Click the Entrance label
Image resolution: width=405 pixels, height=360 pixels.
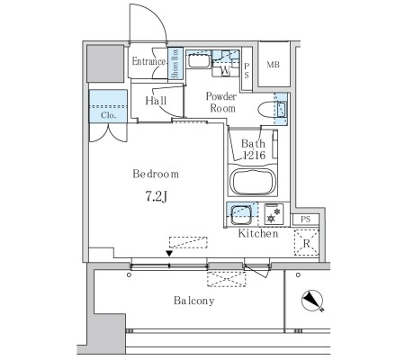pyautogui.click(x=148, y=61)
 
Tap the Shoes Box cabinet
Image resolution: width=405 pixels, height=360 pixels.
pyautogui.click(x=175, y=63)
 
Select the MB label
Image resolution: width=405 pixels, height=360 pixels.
pyautogui.click(x=273, y=65)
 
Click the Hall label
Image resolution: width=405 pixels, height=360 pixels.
pyautogui.click(x=156, y=101)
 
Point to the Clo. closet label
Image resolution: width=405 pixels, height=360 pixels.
pyautogui.click(x=108, y=115)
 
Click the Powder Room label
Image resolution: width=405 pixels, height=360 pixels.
pyautogui.click(x=221, y=103)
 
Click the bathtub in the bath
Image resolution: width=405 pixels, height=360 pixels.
pyautogui.click(x=253, y=182)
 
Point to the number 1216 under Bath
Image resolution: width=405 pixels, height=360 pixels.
pyautogui.click(x=254, y=155)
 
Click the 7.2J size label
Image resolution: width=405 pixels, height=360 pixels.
pyautogui.click(x=156, y=196)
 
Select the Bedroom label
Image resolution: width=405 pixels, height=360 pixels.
pyautogui.click(x=156, y=174)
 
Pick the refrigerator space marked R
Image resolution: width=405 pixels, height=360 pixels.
pyautogui.click(x=306, y=242)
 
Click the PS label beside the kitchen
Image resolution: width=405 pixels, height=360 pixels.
pyautogui.click(x=305, y=220)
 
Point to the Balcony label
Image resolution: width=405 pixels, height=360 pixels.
pyautogui.click(x=194, y=301)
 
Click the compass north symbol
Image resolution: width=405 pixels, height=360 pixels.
pyautogui.click(x=312, y=301)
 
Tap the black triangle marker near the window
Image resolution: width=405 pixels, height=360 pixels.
pyautogui.click(x=169, y=254)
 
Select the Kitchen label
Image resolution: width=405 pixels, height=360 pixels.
pyautogui.click(x=258, y=233)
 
